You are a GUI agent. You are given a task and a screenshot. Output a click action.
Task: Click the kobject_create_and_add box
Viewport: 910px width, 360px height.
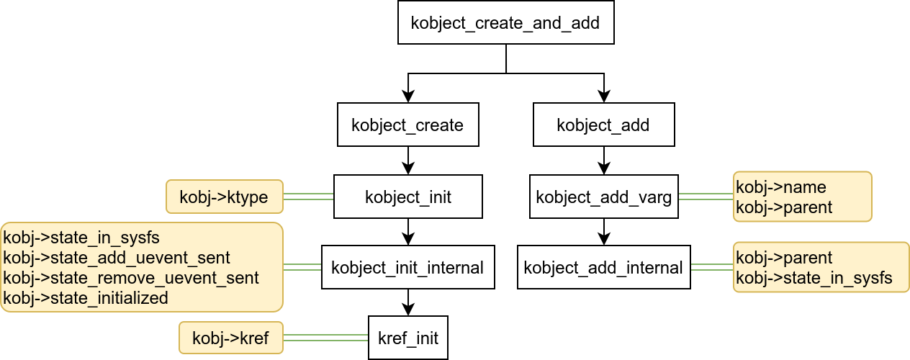(506, 22)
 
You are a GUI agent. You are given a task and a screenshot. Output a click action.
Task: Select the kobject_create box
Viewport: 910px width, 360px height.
(408, 125)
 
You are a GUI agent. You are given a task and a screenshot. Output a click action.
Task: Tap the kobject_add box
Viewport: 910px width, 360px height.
(603, 125)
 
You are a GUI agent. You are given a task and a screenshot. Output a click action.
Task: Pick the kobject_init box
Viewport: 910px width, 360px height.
(408, 197)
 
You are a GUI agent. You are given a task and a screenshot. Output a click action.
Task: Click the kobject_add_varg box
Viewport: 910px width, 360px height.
(603, 197)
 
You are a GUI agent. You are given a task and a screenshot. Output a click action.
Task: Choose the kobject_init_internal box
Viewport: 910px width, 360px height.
(408, 267)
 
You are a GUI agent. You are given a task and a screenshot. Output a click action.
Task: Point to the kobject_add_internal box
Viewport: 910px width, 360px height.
(603, 267)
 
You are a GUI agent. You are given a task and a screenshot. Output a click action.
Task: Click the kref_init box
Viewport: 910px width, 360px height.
(408, 338)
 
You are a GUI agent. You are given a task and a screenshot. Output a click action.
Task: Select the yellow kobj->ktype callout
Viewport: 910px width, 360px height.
(225, 197)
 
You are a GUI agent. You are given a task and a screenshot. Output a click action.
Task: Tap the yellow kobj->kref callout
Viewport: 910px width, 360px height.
(231, 338)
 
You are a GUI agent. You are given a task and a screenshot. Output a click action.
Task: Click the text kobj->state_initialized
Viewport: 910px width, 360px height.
(86, 298)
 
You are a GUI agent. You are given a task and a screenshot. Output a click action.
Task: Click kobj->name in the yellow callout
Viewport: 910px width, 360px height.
(770, 187)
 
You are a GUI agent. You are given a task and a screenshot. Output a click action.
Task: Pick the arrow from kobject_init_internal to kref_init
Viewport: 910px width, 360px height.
(408, 302)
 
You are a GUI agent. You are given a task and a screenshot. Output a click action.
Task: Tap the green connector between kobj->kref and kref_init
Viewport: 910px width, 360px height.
(325, 337)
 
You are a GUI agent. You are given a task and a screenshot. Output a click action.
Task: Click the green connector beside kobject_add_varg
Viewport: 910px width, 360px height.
(706, 196)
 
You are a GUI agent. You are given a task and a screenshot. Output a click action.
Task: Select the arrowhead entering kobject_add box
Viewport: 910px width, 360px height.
(603, 96)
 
